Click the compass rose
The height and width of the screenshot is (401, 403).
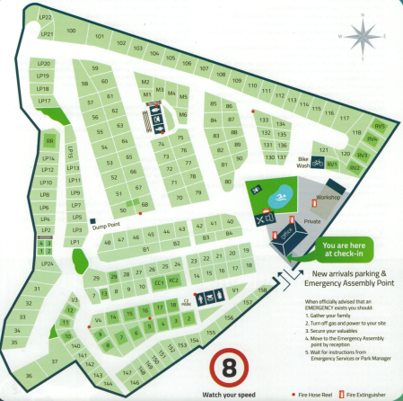coord(361,37)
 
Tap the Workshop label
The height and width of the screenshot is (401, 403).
coord(329,195)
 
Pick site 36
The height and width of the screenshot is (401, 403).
coord(29,374)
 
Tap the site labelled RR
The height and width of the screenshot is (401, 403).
coord(50,141)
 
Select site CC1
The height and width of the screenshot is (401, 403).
coord(160,282)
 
